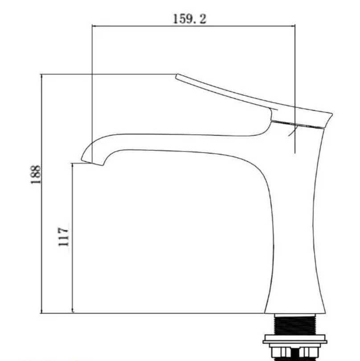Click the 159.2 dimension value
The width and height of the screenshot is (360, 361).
(x=189, y=19)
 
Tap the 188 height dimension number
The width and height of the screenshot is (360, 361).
(x=36, y=175)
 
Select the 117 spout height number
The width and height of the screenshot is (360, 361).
(x=63, y=237)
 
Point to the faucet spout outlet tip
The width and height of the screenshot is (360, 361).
(x=92, y=162)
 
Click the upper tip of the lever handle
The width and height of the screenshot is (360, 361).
(x=177, y=76)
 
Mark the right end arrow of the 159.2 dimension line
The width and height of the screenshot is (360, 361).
(x=293, y=26)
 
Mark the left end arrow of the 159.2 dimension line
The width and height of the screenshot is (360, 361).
(x=94, y=26)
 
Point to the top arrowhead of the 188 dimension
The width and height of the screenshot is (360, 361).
(x=41, y=77)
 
